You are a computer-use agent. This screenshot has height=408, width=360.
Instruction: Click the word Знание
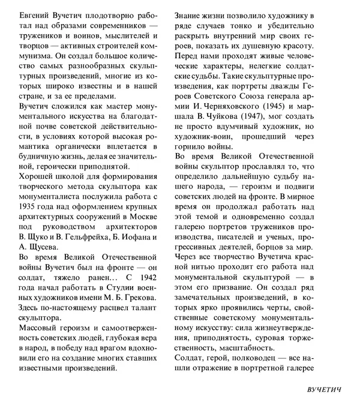(x=193, y=13)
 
